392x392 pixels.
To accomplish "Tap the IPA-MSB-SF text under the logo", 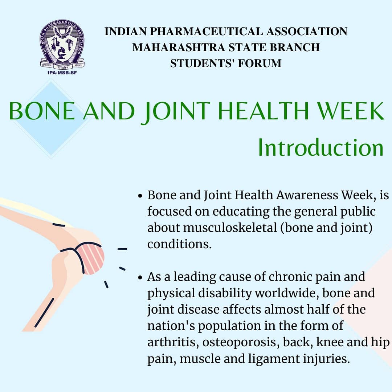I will (x=62, y=72).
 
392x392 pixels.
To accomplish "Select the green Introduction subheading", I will (x=320, y=148).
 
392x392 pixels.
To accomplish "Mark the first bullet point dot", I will (x=140, y=196).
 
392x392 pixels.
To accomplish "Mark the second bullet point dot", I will (x=140, y=278).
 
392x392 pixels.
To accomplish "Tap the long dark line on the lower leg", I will (x=44, y=313).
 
